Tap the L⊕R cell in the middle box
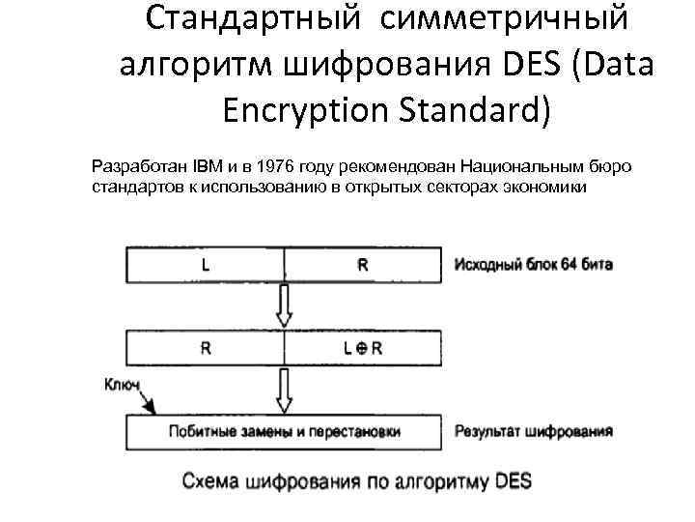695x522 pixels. (363, 349)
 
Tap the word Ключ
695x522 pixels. (121, 385)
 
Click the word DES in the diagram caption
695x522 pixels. (508, 480)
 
